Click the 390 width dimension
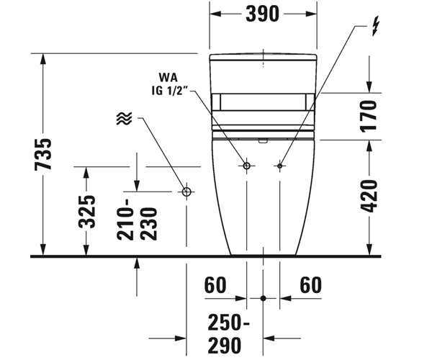[262, 14]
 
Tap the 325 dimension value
[87, 211]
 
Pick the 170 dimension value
[369, 115]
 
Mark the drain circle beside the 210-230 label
[186, 192]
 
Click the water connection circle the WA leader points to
[246, 166]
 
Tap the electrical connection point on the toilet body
[279, 166]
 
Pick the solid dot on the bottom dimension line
[264, 297]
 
